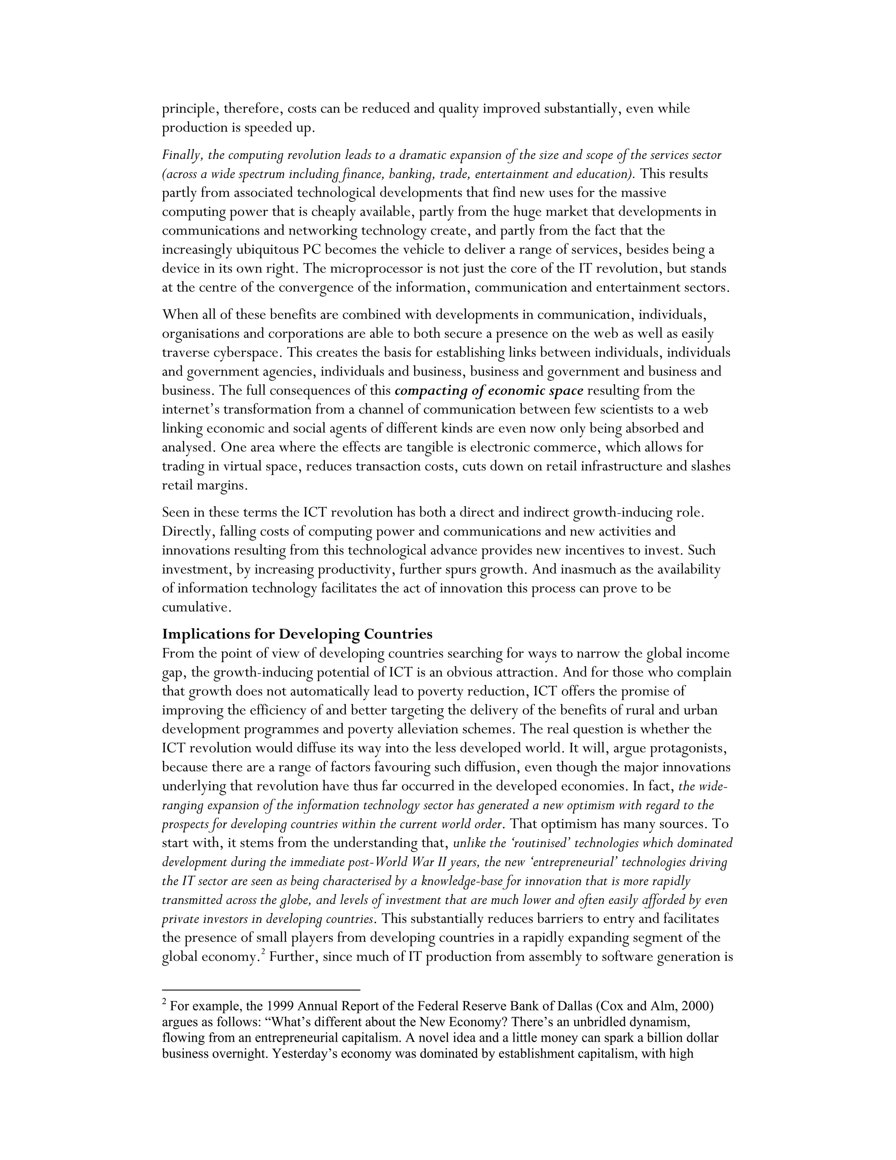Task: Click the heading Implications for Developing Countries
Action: pos(297,634)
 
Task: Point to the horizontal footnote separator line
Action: pos(261,990)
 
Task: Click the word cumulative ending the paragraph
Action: pos(195,607)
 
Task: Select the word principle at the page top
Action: pos(190,109)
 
